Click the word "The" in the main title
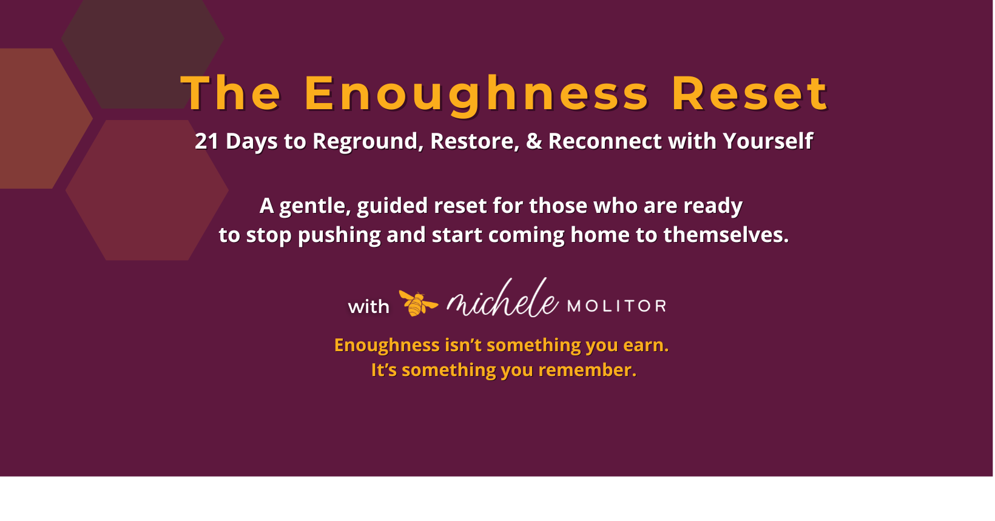pos(231,94)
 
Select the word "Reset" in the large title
pos(750,94)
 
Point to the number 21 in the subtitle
pos(206,141)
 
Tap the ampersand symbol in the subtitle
pos(534,141)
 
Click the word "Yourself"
pos(767,141)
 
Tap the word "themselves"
pos(726,235)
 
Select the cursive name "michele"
pos(502,300)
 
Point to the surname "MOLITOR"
pos(616,306)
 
